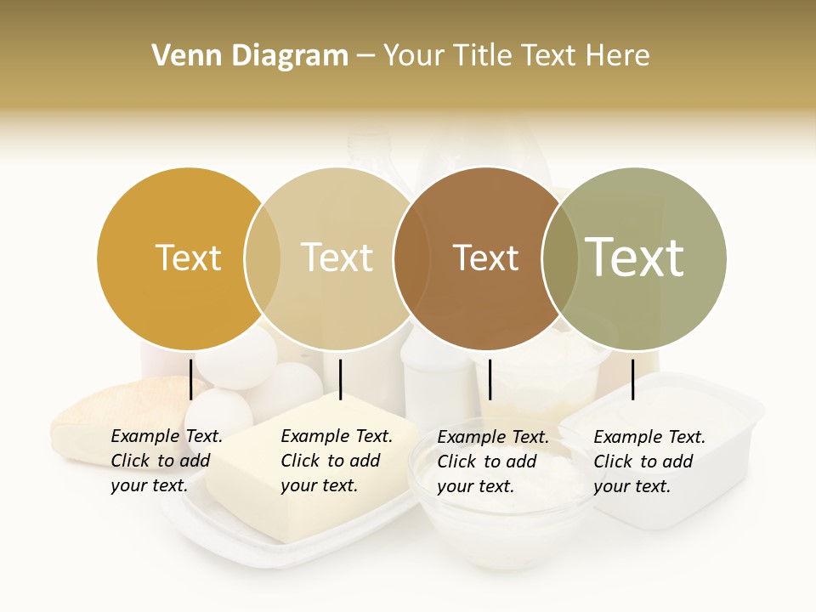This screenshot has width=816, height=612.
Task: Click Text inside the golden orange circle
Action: [188, 258]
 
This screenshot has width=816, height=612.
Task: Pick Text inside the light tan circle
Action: [337, 258]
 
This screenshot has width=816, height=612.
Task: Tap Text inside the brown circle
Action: [485, 258]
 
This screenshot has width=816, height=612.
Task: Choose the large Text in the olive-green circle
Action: [635, 258]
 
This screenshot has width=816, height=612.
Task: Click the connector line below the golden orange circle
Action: [191, 379]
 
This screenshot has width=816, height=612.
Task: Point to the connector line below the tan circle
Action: [340, 379]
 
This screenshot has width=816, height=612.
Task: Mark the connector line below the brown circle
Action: [490, 379]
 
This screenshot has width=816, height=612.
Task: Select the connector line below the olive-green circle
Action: [632, 379]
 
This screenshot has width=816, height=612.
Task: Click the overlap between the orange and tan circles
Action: [263, 258]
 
